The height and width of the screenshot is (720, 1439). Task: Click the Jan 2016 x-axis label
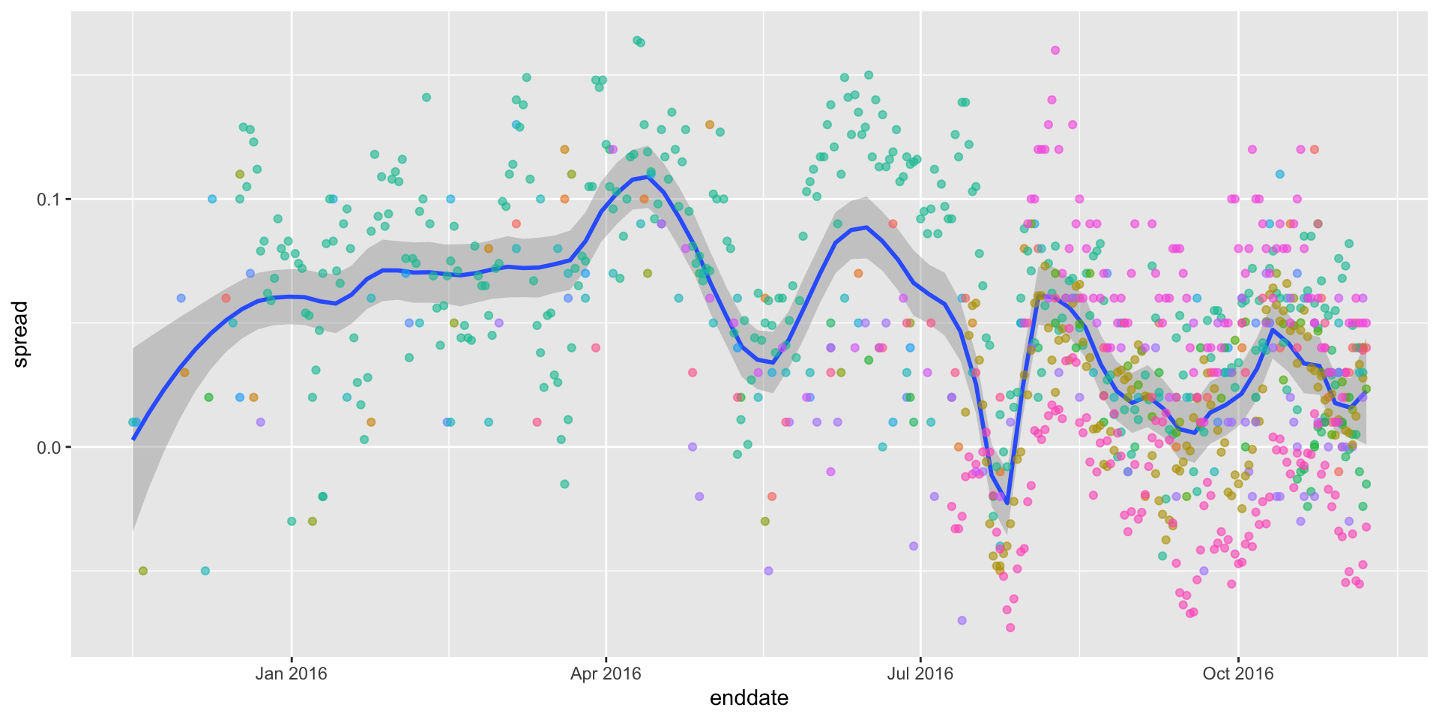click(x=291, y=673)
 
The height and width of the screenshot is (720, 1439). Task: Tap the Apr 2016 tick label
click(x=606, y=673)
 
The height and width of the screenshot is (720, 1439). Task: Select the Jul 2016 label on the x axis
click(x=920, y=673)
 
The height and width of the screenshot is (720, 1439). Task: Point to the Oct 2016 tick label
click(x=1238, y=673)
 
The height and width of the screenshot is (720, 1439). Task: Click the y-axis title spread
click(x=21, y=334)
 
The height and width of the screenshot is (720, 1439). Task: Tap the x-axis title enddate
click(x=749, y=698)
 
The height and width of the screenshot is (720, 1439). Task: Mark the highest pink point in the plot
click(x=1055, y=50)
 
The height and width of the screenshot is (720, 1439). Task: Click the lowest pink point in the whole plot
click(x=1010, y=628)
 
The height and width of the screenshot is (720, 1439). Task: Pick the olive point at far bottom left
click(x=143, y=571)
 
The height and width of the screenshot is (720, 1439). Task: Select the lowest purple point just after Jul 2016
click(x=962, y=620)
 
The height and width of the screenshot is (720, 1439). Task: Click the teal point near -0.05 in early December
click(x=205, y=571)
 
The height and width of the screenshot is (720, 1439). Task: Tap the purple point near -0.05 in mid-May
click(x=768, y=571)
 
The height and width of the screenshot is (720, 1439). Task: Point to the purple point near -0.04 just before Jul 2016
click(x=914, y=546)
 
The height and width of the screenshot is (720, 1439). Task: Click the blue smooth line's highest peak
click(x=646, y=177)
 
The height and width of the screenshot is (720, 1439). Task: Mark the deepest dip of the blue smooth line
click(x=1007, y=502)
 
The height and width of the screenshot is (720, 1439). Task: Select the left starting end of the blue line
click(x=133, y=439)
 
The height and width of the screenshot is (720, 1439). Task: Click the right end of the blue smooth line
click(x=1366, y=394)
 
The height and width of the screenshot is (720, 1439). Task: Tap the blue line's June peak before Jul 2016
click(x=866, y=227)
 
